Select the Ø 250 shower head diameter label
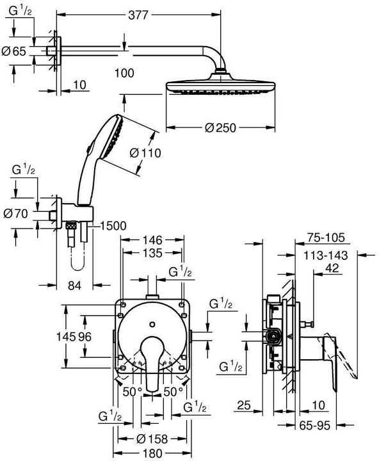tap(221, 127)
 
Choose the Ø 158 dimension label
tap(152, 439)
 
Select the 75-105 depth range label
tap(325, 238)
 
